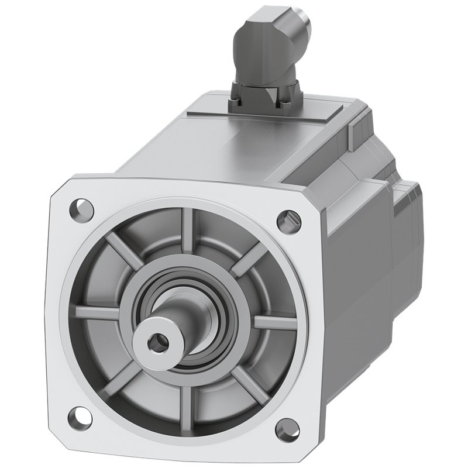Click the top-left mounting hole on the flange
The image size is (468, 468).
point(81,208)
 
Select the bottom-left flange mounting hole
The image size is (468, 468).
point(79,417)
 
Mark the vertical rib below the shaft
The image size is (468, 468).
point(187,404)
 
